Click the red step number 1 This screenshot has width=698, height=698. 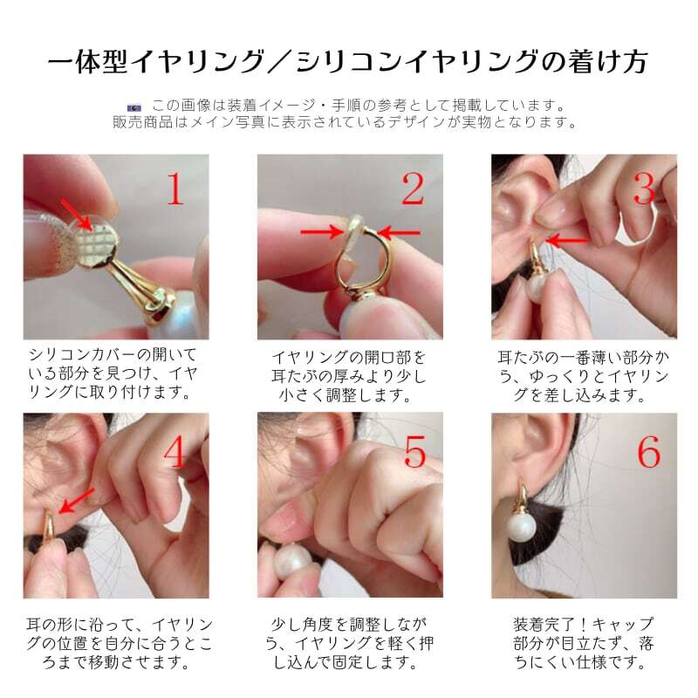[175, 188]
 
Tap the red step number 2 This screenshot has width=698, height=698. [413, 188]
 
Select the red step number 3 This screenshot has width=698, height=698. [644, 188]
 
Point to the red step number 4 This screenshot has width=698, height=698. [174, 451]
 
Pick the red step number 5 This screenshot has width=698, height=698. [415, 451]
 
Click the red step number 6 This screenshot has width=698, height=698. [649, 451]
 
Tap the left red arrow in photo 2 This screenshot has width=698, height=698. [322, 231]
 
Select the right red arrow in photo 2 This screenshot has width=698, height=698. [399, 232]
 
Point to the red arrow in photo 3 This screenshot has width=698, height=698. [568, 241]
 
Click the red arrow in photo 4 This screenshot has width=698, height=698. [76, 501]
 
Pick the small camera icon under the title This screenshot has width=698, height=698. [134, 107]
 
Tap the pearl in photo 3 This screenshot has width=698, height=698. [537, 288]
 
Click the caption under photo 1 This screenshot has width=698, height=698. [113, 373]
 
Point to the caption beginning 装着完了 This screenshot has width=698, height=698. [583, 643]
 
